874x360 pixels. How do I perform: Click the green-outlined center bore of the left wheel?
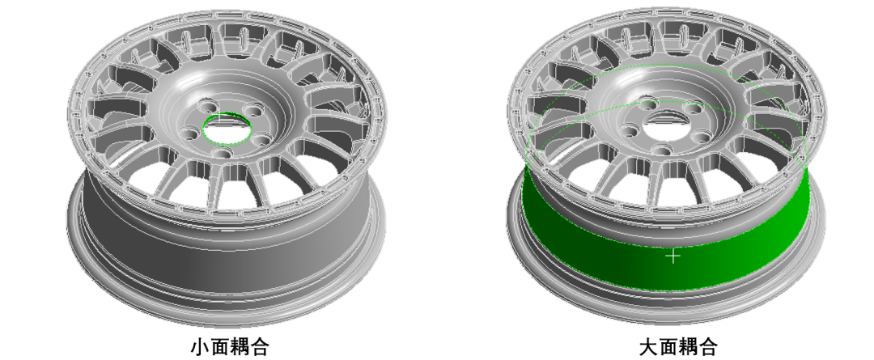227,129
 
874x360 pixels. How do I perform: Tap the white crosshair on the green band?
674,256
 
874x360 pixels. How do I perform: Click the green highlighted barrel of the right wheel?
667,245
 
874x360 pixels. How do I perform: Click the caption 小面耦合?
230,346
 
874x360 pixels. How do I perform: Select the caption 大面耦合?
678,346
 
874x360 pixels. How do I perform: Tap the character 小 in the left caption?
201,346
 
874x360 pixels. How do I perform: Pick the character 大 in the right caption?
648,346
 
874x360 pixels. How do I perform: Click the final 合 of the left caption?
261,346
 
